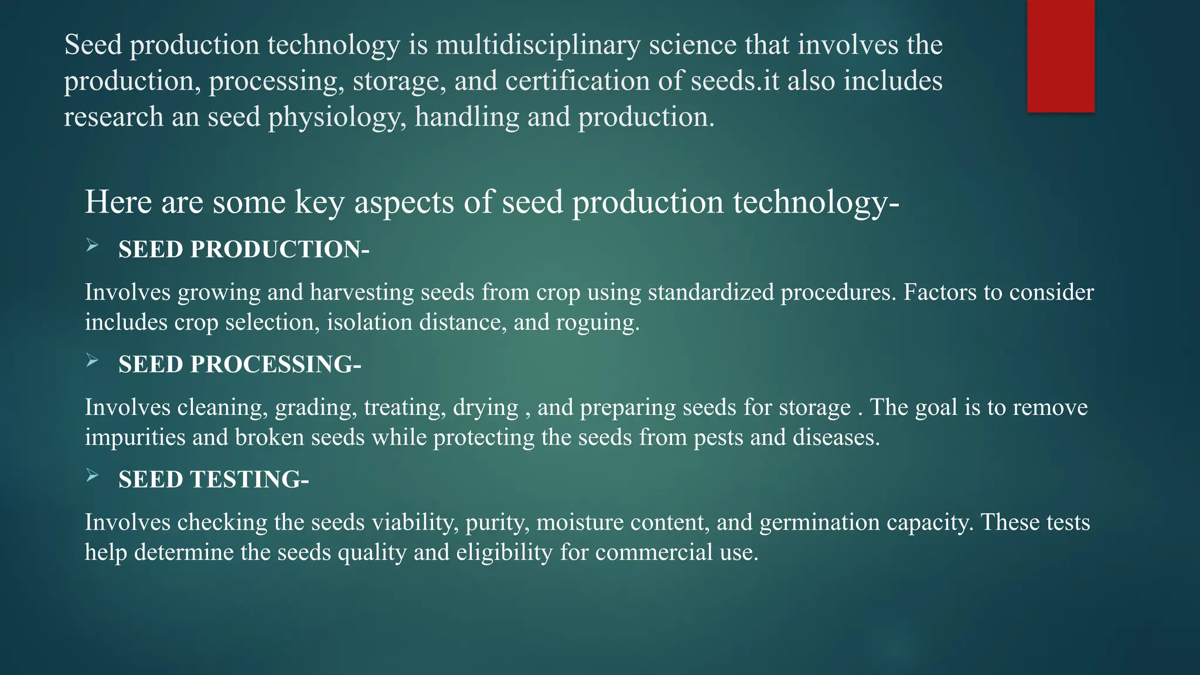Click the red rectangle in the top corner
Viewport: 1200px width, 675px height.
coord(1061,56)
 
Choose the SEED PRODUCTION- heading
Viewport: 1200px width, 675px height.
coord(244,250)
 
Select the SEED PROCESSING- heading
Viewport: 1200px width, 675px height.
coord(240,364)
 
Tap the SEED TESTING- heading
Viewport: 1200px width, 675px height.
coord(213,480)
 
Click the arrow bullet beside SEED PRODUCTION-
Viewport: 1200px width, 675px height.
coord(92,246)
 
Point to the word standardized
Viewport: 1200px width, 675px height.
coord(711,292)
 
